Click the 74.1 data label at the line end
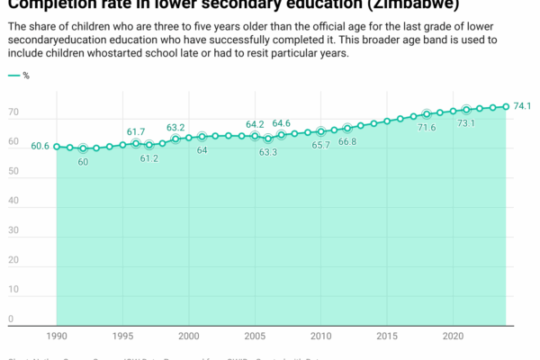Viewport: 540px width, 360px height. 524,106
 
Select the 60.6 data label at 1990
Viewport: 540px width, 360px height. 40,146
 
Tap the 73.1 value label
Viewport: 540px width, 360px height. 466,122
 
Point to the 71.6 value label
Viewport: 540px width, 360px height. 427,128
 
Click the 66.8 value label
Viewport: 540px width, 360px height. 347,141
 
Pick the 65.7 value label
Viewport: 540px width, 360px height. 320,145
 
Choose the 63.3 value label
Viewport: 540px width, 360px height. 268,152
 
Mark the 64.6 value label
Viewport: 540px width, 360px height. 282,123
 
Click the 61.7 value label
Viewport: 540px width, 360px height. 136,131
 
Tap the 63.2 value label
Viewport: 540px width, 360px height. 175,128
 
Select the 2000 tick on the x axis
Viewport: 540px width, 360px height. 189,336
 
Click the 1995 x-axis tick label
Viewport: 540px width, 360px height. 122,336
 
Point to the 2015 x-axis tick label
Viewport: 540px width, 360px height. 387,336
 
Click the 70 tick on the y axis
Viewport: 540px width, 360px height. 13,113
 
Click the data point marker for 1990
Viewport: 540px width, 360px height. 57,146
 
